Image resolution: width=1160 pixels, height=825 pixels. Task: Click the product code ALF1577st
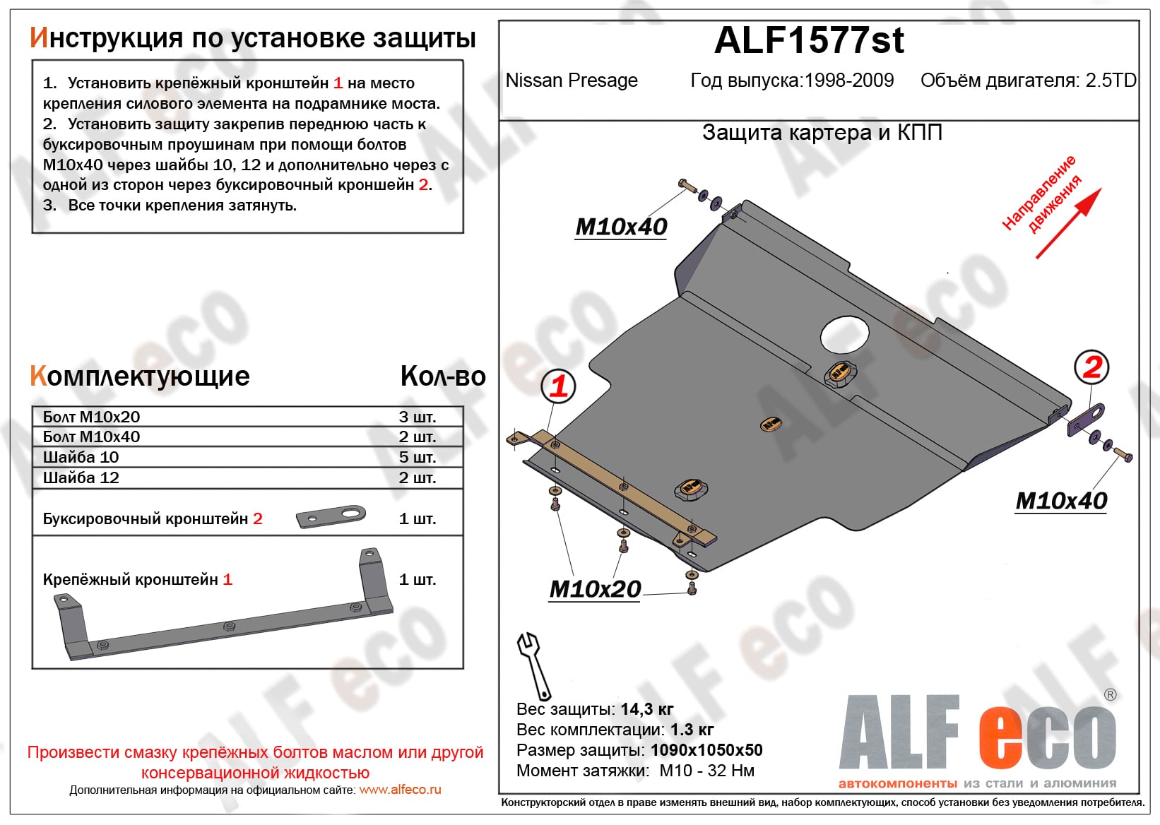point(809,41)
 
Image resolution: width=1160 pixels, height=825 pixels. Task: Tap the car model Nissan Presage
point(572,81)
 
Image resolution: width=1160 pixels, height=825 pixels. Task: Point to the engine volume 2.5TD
point(1110,81)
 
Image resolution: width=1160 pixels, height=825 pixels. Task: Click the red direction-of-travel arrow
point(1068,222)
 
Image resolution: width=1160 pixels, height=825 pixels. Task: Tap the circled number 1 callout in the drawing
point(559,386)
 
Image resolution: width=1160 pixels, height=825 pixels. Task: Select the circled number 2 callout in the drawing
point(1091,367)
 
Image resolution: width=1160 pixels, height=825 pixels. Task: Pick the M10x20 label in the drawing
point(595,589)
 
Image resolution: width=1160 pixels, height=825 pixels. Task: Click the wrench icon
point(533,665)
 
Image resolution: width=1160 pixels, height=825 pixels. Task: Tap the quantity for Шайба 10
point(417,457)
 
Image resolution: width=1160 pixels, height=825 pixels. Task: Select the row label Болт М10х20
point(91,417)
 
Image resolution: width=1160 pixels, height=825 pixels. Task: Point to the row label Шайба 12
point(81,477)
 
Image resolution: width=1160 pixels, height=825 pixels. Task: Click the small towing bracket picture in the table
point(331,516)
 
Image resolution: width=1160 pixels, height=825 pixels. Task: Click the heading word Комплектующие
point(140,376)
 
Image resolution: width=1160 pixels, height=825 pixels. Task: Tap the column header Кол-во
point(443,376)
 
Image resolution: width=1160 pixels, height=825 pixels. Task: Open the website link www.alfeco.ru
point(400,790)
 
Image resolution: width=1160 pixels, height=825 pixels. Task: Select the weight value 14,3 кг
point(646,709)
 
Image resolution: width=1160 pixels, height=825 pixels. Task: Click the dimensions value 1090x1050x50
point(706,750)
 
